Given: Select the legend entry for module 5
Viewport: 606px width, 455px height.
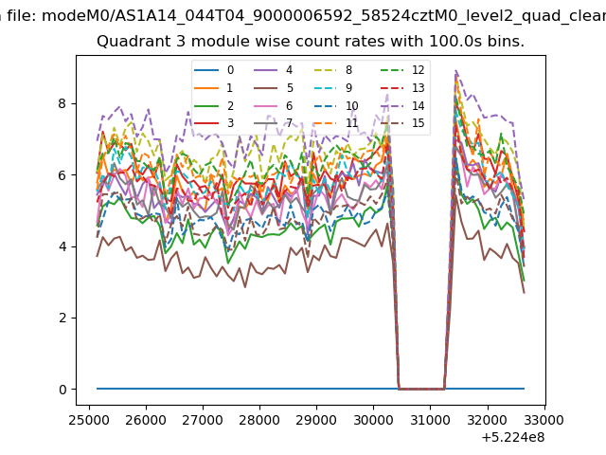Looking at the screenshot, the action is coord(274,88).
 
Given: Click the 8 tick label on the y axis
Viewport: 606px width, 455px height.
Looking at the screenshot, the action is coord(62,103).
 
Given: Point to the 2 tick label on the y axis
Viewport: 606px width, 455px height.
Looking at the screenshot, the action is coord(62,318).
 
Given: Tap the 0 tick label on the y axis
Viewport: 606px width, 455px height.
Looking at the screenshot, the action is coord(62,390).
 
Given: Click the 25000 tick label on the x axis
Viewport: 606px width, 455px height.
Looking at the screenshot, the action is coord(89,420).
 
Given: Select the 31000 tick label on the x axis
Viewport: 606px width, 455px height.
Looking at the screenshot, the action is coord(430,420).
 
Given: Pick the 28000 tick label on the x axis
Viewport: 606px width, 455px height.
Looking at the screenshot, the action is coord(259,420).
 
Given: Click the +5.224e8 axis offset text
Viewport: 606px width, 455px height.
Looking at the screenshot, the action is coord(513,438).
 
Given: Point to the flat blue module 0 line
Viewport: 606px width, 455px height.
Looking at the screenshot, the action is coord(311,389).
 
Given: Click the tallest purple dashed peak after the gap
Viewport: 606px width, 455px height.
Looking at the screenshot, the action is coord(456,70).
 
